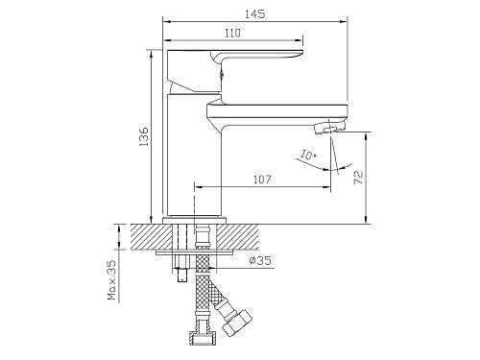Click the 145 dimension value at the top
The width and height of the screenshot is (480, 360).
point(255,14)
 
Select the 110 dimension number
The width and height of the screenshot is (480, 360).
point(232,33)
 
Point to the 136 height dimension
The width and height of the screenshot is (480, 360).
point(144,136)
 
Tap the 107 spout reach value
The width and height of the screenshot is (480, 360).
point(262,180)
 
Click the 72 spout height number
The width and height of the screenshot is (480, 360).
point(359,178)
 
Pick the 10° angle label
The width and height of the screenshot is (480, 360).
point(308,156)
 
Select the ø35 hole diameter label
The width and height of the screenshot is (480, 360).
point(260,260)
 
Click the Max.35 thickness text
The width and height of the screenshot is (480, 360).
point(112,279)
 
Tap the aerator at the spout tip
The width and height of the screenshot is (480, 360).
point(330,129)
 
